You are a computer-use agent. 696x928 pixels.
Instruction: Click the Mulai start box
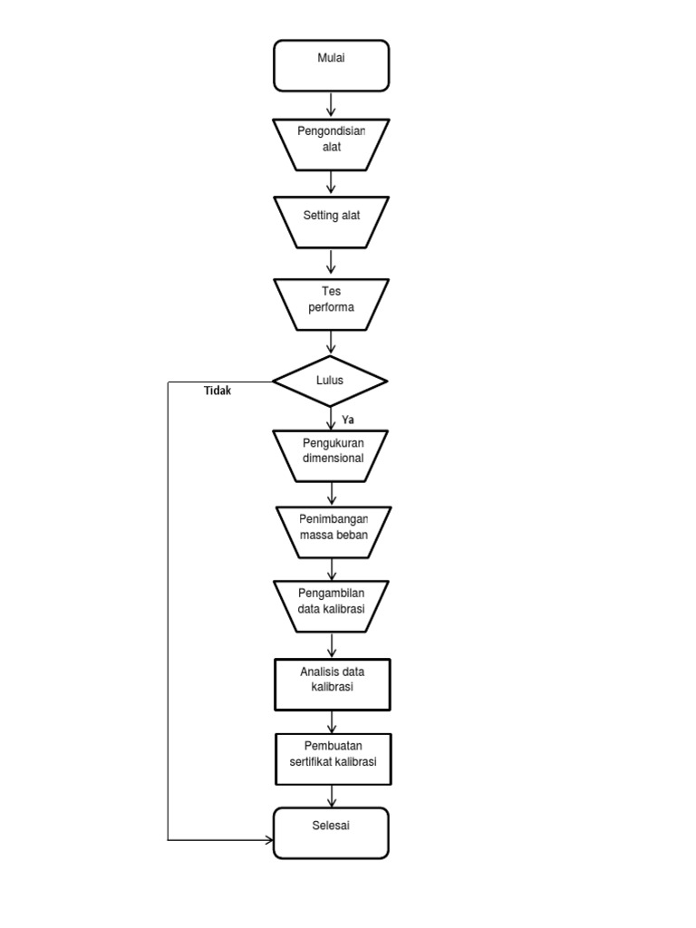pos(331,65)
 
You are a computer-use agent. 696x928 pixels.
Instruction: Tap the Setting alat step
pos(331,221)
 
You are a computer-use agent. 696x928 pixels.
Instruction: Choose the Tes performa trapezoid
pos(331,304)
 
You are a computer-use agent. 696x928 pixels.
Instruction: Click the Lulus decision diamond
pos(331,382)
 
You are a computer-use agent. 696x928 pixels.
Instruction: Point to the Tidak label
pos(217,391)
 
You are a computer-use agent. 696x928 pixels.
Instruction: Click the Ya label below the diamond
pos(348,420)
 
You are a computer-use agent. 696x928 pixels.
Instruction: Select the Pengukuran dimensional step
pos(332,454)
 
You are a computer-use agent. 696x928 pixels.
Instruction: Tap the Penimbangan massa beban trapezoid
pos(333,531)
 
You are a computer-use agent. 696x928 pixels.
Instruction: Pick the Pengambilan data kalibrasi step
pos(331,605)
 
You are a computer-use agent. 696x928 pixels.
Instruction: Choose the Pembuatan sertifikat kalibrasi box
pos(333,758)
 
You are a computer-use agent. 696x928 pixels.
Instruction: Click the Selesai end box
pos(331,832)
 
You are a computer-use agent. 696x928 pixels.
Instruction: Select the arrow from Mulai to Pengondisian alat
pos(331,104)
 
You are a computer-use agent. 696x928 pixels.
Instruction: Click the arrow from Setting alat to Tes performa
pos(331,262)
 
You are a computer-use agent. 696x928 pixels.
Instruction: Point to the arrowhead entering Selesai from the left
pos(267,840)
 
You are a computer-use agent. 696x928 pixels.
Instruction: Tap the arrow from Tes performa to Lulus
pos(331,343)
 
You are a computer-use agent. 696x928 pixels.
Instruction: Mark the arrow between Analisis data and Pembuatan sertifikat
pos(333,722)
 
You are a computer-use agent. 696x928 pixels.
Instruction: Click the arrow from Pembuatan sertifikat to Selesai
pos(333,796)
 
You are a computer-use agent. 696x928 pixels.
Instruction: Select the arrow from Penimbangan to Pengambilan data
pos(333,569)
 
